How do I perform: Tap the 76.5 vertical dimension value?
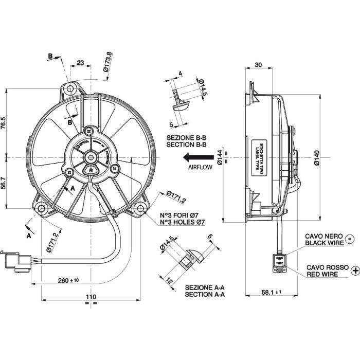pos(4,124)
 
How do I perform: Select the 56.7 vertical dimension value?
pos(4,183)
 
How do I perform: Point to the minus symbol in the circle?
pos(350,238)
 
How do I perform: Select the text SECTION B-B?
pos(186,146)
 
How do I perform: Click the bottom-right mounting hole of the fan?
pos(140,208)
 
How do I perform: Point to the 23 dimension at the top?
pos(80,63)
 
